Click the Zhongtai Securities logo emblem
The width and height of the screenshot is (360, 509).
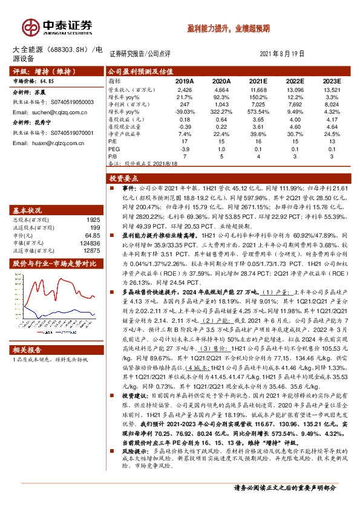click(30, 27)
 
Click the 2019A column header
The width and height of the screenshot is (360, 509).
click(185, 80)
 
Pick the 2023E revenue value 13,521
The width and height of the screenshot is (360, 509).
click(332, 89)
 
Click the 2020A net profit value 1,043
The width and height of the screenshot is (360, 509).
click(222, 105)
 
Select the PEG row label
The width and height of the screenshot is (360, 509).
click(114, 148)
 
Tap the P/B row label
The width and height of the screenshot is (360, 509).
click(113, 156)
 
